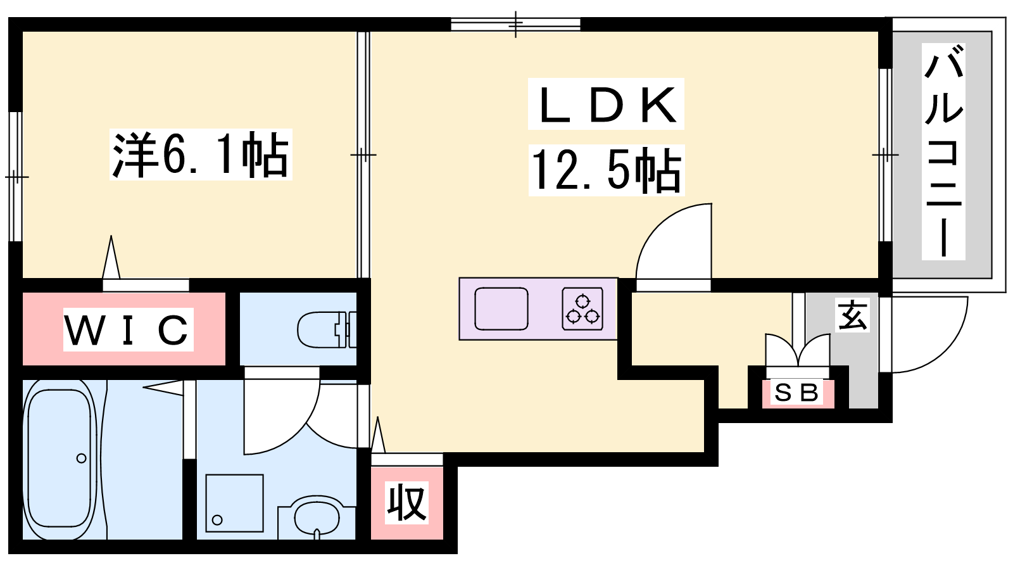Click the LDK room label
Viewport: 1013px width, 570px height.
pyautogui.click(x=606, y=104)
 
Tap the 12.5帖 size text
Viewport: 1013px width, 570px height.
pyautogui.click(x=607, y=170)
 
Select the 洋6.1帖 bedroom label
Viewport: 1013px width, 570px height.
pyautogui.click(x=201, y=155)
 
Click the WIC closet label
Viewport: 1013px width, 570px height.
pyautogui.click(x=128, y=329)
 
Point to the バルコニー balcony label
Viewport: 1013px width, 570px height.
pyautogui.click(x=943, y=151)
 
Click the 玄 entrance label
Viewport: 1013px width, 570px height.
pyautogui.click(x=852, y=315)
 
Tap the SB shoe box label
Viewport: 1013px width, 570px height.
pyautogui.click(x=797, y=392)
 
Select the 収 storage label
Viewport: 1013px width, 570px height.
pyautogui.click(x=406, y=503)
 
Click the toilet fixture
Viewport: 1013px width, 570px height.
pyautogui.click(x=327, y=329)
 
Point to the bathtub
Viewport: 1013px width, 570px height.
pyautogui.click(x=60, y=459)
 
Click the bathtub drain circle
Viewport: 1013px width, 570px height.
pyautogui.click(x=82, y=459)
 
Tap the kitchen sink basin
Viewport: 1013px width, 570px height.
pyautogui.click(x=501, y=308)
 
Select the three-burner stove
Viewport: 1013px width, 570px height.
pyautogui.click(x=582, y=308)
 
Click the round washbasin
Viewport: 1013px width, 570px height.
pyautogui.click(x=317, y=519)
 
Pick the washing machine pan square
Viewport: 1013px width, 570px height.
pyautogui.click(x=234, y=503)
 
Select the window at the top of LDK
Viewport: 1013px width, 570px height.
pyautogui.click(x=515, y=24)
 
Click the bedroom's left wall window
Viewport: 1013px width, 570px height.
pyautogui.click(x=16, y=177)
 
